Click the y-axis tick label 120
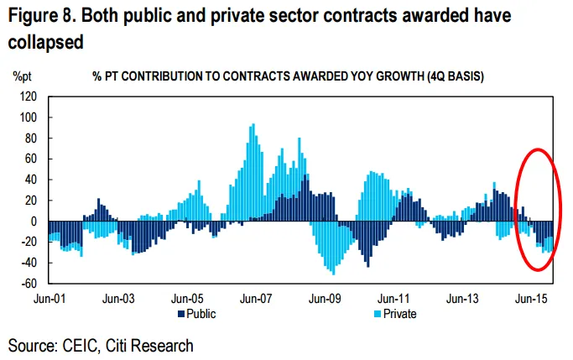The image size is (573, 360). [29, 97]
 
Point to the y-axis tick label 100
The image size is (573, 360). [29, 117]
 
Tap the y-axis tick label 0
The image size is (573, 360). [34, 222]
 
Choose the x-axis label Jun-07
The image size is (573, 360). [253, 298]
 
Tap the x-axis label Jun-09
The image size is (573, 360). [322, 298]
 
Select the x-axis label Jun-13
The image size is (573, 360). [460, 298]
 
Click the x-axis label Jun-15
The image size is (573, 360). [529, 298]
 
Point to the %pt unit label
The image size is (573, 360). [23, 76]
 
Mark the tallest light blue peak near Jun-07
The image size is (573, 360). [253, 126]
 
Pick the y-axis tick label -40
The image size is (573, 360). [29, 263]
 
